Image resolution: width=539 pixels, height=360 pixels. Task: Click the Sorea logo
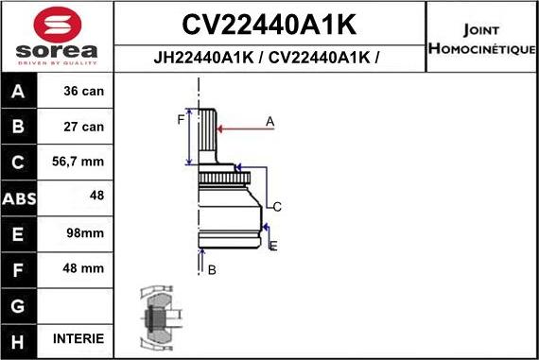(56, 36)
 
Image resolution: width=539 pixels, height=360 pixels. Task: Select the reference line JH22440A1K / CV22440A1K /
(269, 57)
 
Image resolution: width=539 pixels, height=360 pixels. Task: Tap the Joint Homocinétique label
(481, 37)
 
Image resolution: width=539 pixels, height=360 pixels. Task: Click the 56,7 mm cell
(79, 163)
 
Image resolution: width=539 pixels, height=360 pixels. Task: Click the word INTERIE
(78, 338)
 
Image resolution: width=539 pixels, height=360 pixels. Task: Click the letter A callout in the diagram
(269, 121)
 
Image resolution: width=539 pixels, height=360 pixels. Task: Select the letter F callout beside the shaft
(180, 119)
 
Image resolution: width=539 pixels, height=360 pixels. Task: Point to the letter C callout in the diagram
(278, 206)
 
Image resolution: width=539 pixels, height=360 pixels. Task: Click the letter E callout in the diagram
(273, 246)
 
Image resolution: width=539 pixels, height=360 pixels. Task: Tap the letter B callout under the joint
(212, 270)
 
